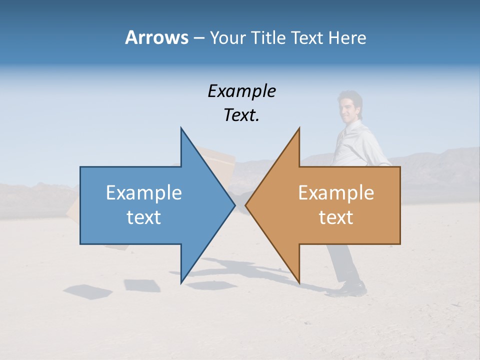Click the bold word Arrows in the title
tap(156, 38)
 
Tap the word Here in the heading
tap(347, 38)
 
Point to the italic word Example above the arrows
tap(241, 91)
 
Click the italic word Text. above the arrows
tap(241, 115)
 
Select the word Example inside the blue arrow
tap(144, 193)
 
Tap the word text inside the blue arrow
tap(144, 217)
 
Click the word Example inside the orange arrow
tap(336, 193)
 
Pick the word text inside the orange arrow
tap(336, 217)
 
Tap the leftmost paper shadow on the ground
tap(88, 290)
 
